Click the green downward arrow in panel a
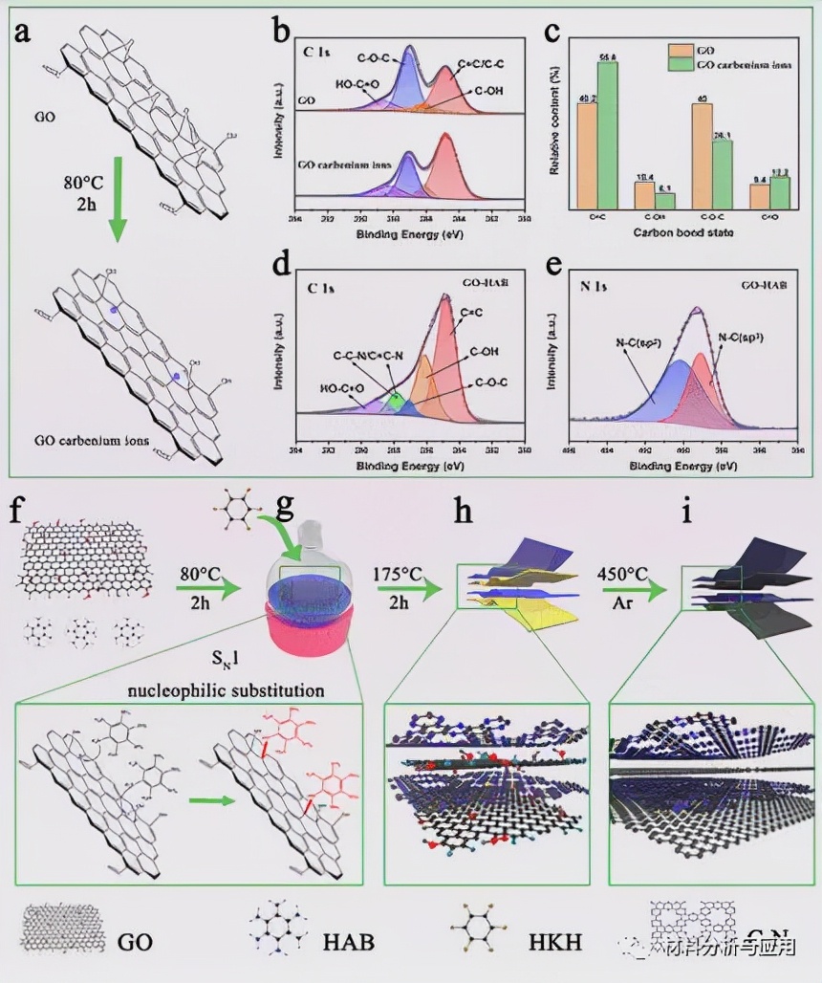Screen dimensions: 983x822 [x=117, y=210]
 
